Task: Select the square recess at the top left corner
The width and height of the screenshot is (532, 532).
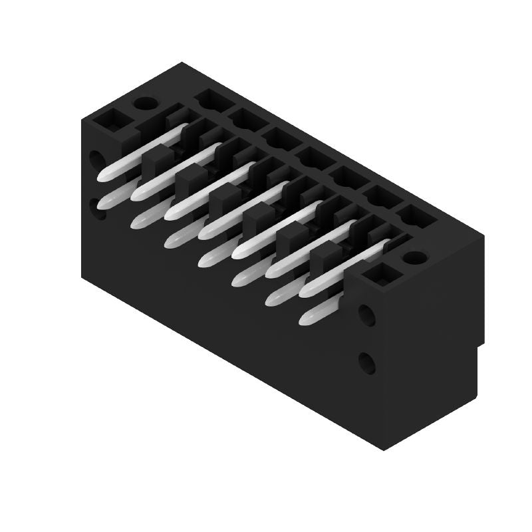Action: tap(110, 120)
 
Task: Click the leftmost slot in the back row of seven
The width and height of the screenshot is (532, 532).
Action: tap(212, 100)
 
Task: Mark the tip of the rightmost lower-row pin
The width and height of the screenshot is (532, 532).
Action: tap(307, 319)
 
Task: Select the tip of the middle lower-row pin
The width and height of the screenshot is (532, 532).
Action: tap(207, 261)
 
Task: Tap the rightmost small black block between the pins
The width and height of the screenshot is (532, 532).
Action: tap(323, 257)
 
